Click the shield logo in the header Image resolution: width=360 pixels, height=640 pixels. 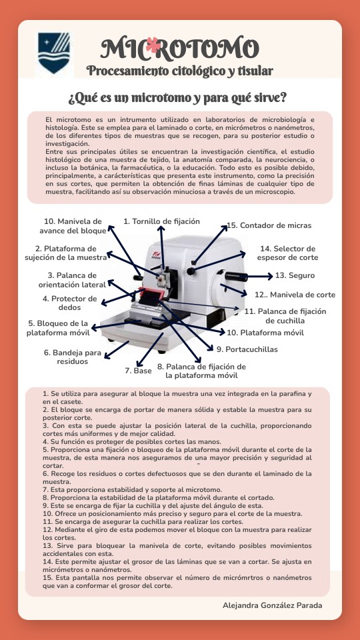54,53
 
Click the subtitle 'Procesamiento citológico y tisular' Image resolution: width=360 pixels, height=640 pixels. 179,71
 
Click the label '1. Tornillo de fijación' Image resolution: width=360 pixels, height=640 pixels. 161,221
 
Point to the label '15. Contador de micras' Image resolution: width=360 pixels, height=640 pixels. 269,225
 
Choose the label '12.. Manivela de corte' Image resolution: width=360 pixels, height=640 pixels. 295,295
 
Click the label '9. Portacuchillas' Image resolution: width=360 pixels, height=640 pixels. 247,349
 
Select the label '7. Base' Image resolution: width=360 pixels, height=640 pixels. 138,371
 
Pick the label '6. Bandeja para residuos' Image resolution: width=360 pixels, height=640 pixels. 72,357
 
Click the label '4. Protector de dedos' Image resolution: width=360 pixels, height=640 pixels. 70,303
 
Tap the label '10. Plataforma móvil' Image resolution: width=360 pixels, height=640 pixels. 265,333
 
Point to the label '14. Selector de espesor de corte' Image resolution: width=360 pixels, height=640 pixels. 288,253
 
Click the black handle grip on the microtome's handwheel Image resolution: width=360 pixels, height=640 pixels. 236,276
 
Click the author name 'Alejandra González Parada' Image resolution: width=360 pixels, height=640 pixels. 272,605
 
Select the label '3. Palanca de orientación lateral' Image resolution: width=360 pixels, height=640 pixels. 72,279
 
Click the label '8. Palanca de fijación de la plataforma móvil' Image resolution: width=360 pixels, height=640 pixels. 201,371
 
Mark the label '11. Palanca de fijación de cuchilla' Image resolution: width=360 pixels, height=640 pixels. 285,316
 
